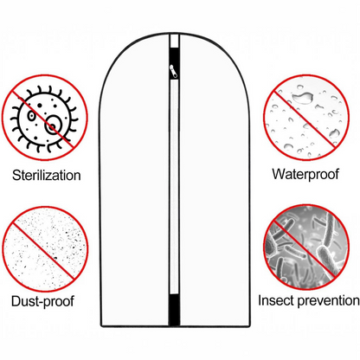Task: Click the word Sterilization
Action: point(47,175)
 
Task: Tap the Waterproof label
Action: point(305,174)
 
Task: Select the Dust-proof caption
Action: point(42,301)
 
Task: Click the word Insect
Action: point(276,300)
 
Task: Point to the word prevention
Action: point(329,300)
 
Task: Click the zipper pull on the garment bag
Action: point(174,71)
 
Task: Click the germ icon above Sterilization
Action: point(45,118)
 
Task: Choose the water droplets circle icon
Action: point(305,117)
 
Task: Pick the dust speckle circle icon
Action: point(45,249)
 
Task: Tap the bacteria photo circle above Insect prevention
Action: point(305,247)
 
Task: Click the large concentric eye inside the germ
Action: point(54,125)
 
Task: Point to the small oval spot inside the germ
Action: point(31,116)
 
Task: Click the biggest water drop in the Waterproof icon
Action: point(303,98)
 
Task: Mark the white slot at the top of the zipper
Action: point(174,42)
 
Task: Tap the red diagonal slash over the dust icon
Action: point(43,250)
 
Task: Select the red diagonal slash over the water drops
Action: point(305,119)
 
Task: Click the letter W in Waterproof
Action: point(279,174)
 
